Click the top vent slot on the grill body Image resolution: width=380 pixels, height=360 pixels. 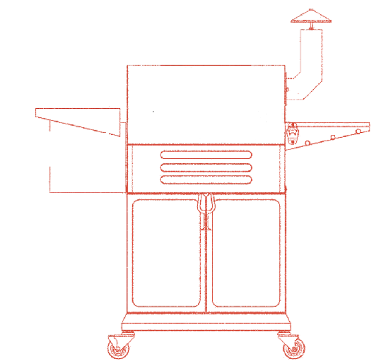[206, 155]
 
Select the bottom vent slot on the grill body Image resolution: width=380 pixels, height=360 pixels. [206, 180]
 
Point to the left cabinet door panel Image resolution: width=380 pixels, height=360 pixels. [166, 253]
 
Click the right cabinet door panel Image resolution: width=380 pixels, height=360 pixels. [246, 253]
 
